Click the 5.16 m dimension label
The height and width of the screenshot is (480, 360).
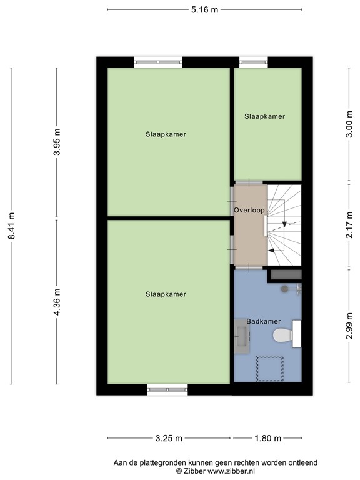206,9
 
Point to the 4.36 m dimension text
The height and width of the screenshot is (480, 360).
57,302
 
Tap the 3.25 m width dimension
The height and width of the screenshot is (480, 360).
169,438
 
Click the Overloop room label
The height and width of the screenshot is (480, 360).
250,211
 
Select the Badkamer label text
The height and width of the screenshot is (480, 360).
262,321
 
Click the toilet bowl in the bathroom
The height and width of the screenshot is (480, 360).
282,336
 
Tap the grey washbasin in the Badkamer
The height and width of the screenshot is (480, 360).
241,335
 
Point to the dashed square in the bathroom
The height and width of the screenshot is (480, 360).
270,368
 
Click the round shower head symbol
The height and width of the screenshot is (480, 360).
284,289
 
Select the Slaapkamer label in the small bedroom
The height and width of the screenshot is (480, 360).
264,116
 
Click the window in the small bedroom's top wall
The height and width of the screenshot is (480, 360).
254,62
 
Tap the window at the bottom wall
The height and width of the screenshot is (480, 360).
167,390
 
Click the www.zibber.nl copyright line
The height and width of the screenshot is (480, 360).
215,471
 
